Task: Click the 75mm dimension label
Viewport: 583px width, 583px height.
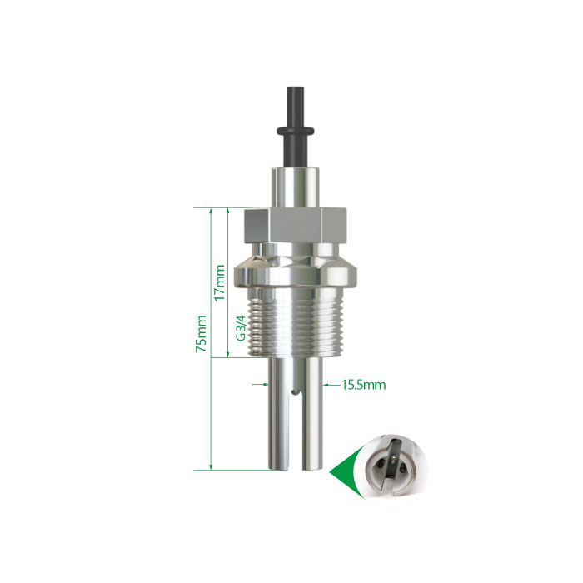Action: click(x=202, y=333)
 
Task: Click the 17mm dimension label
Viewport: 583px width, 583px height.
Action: click(x=219, y=282)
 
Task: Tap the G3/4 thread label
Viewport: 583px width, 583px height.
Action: click(x=241, y=328)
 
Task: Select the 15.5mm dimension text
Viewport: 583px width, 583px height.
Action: click(x=364, y=385)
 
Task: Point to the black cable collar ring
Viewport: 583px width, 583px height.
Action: click(x=295, y=131)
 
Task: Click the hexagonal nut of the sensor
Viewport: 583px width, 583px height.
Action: click(x=295, y=225)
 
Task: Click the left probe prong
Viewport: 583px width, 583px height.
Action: click(x=279, y=413)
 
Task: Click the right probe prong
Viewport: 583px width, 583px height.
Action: click(x=312, y=413)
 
